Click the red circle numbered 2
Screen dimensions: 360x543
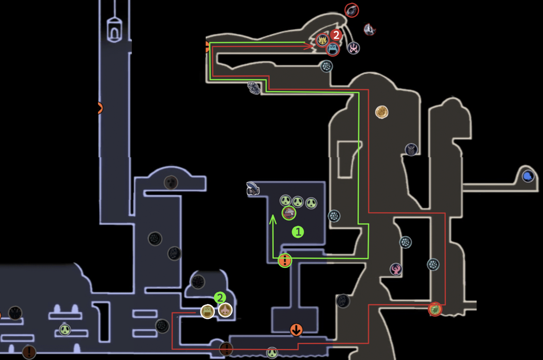tap(336, 35)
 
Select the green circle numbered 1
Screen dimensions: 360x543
tap(298, 232)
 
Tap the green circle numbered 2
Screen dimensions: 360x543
tap(220, 298)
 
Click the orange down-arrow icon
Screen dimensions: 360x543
tap(296, 329)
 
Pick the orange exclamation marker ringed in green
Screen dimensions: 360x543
tap(285, 261)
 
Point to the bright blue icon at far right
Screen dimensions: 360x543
tap(528, 176)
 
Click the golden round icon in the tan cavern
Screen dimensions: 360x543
tap(382, 112)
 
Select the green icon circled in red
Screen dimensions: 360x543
tap(435, 309)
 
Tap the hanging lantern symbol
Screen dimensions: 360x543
tap(114, 30)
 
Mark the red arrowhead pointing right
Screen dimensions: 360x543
tap(310, 46)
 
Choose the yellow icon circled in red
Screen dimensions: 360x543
tap(322, 40)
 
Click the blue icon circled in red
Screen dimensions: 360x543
tap(333, 50)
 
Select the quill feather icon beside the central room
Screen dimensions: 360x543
tap(253, 189)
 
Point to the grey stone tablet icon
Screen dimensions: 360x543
tap(254, 88)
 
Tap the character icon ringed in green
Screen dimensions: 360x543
tap(289, 213)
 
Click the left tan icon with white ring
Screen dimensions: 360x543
tap(207, 311)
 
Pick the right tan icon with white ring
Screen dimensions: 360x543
tap(225, 310)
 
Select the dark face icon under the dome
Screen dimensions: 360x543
tap(171, 183)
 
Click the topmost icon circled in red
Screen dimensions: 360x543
tap(352, 11)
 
